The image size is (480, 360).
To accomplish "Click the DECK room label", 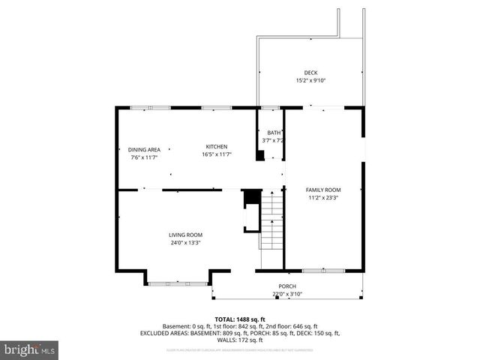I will pyautogui.click(x=310, y=73).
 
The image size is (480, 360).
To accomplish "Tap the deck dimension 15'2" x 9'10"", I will pyautogui.click(x=310, y=80).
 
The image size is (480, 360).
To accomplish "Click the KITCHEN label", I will pyautogui.click(x=217, y=146).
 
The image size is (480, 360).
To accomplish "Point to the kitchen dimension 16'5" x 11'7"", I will pyautogui.click(x=217, y=154).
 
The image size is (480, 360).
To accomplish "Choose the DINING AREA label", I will pyautogui.click(x=144, y=149).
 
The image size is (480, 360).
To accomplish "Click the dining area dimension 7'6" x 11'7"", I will pyautogui.click(x=144, y=157).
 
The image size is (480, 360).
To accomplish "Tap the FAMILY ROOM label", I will pyautogui.click(x=323, y=190).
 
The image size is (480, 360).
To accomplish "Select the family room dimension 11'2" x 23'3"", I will pyautogui.click(x=323, y=198).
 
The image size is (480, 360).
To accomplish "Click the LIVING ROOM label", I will pyautogui.click(x=185, y=235).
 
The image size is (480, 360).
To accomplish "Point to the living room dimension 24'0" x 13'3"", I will pyautogui.click(x=185, y=243).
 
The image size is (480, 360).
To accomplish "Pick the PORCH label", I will pyautogui.click(x=287, y=286).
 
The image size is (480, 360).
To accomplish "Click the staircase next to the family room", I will pyautogui.click(x=271, y=220).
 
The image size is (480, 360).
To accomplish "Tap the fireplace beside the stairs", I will pyautogui.click(x=250, y=217).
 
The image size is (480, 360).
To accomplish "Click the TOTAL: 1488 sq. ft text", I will pyautogui.click(x=239, y=319).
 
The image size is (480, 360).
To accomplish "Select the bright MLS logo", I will pyautogui.click(x=30, y=349).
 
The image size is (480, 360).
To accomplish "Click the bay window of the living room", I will pyautogui.click(x=178, y=283).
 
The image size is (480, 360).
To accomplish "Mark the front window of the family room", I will pyautogui.click(x=323, y=270).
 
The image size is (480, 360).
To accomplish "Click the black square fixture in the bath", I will pyautogui.click(x=260, y=156).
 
